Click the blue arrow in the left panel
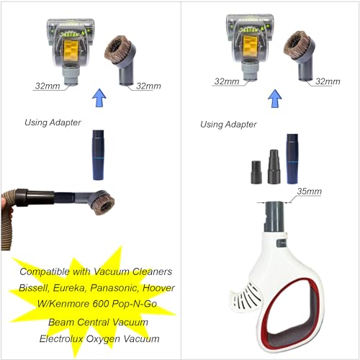click(99, 98)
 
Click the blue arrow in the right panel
click(274, 99)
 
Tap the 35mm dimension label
click(309, 192)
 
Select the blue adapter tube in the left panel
click(99, 155)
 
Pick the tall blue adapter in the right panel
click(292, 159)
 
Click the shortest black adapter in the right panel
click(256, 172)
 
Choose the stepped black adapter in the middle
click(274, 167)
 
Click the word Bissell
click(34, 288)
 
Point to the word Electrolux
click(61, 338)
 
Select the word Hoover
click(158, 287)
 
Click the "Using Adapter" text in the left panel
click(53, 122)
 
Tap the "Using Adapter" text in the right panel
click(228, 125)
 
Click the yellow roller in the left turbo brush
click(70, 50)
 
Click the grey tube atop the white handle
click(274, 217)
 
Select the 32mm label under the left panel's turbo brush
click(48, 86)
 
